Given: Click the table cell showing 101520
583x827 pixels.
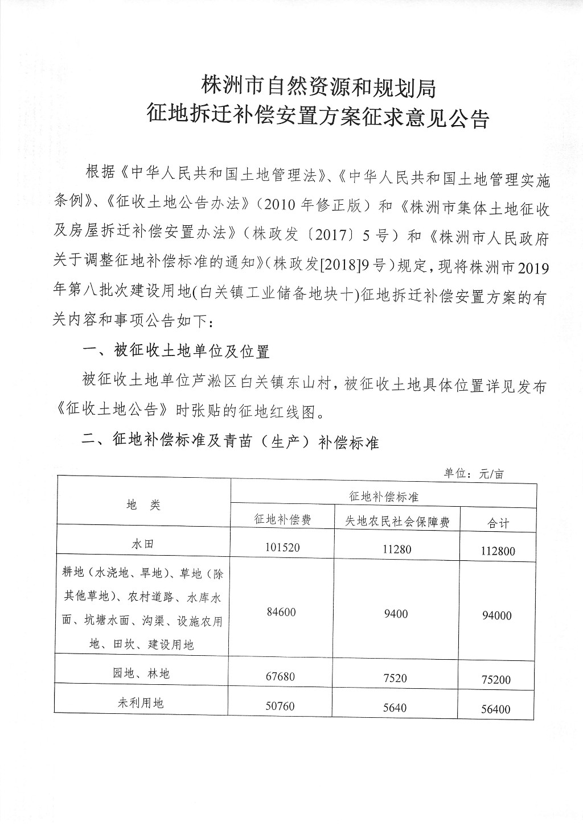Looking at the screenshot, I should coord(282,547).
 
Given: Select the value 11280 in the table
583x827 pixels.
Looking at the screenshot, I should coord(397,549).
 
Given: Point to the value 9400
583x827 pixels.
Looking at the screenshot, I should coord(396,614).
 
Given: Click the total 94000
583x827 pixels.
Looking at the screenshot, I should coord(496,615).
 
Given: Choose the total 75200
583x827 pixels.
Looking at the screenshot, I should coord(496,680).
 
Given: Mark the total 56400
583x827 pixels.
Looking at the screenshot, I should coord(496,709).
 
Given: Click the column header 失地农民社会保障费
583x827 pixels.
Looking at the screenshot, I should coord(397,521).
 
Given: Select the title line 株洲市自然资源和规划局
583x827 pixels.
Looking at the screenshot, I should coord(318,87).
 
